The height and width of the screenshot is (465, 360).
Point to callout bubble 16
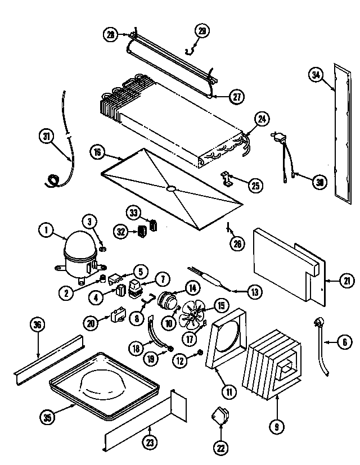pos(97,152)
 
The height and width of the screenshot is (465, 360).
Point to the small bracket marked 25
pos(228,178)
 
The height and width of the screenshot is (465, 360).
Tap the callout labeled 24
pos(262,119)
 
